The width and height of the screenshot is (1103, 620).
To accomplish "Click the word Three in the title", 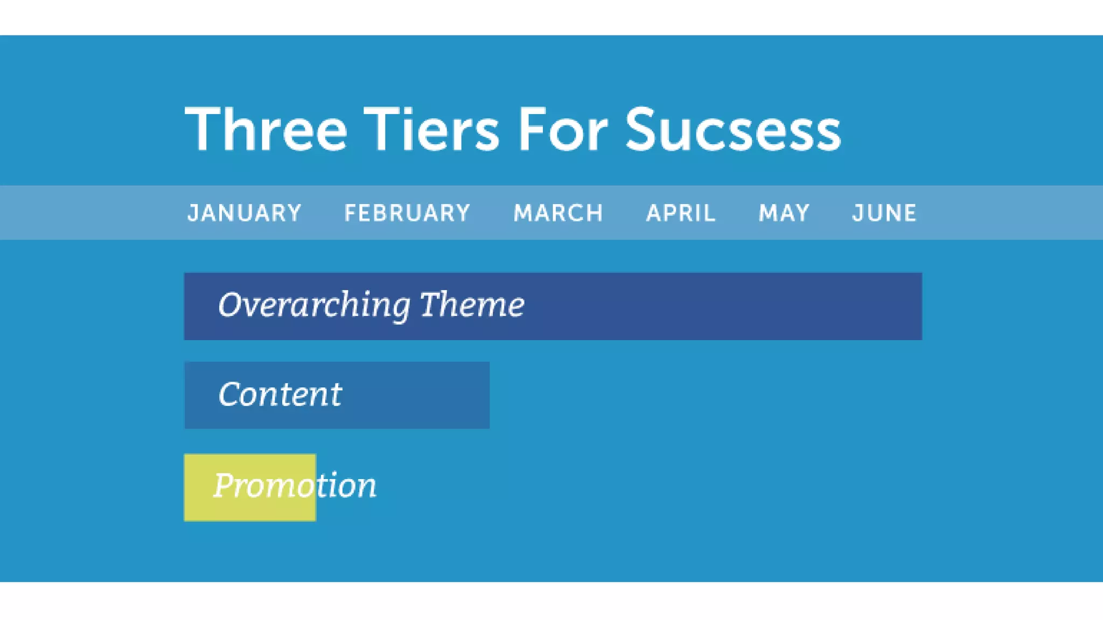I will tap(266, 129).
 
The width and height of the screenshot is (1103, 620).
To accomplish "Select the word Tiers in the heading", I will tap(431, 129).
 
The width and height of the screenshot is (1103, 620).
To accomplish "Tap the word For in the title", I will tap(562, 129).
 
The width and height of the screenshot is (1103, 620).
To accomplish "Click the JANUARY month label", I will tap(244, 213).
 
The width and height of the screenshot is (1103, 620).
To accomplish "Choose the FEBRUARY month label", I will tap(407, 213).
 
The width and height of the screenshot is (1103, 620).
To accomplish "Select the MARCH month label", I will tap(558, 213).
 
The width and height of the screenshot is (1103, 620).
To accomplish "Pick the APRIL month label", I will tap(681, 213).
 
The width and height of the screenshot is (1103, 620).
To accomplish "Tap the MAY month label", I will tap(784, 213).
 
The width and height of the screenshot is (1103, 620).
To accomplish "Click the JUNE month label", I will tap(884, 213).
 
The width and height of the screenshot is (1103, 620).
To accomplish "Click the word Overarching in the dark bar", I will tap(314, 305).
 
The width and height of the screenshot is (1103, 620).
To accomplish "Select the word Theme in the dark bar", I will tap(472, 305).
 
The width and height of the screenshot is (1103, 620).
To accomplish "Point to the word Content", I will tap(280, 394).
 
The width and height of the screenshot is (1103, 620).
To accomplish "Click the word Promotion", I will tap(295, 485).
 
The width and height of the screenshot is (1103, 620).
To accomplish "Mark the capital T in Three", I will tap(201, 129).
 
